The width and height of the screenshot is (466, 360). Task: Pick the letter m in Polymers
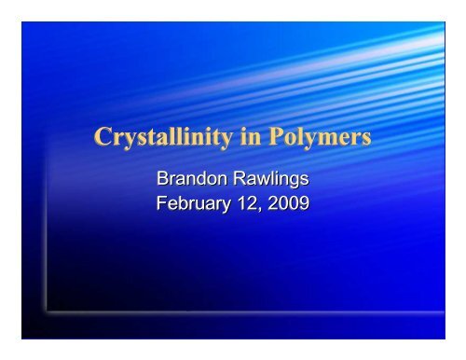(x=314, y=142)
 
